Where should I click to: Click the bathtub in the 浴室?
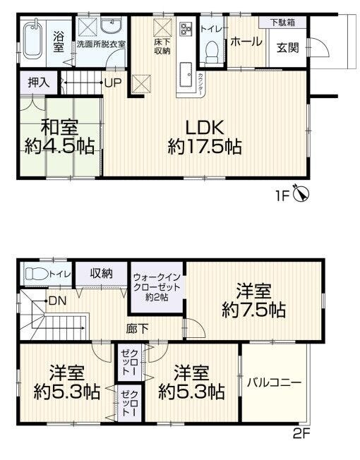34,41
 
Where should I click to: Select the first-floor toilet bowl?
212,52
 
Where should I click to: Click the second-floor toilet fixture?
37,274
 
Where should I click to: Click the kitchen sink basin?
186,75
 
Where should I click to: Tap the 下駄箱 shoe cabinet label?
282,23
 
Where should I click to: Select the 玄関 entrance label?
288,48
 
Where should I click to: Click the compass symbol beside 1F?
301,193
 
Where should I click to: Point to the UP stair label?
113,83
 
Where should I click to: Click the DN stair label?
57,301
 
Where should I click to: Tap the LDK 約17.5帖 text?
205,138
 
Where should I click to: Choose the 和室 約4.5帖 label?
59,137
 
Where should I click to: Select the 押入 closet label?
39,83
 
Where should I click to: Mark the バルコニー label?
275,382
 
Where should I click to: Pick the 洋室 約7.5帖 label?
254,301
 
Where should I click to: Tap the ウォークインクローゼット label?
157,287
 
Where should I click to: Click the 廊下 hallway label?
137,329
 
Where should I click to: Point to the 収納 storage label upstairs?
101,274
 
